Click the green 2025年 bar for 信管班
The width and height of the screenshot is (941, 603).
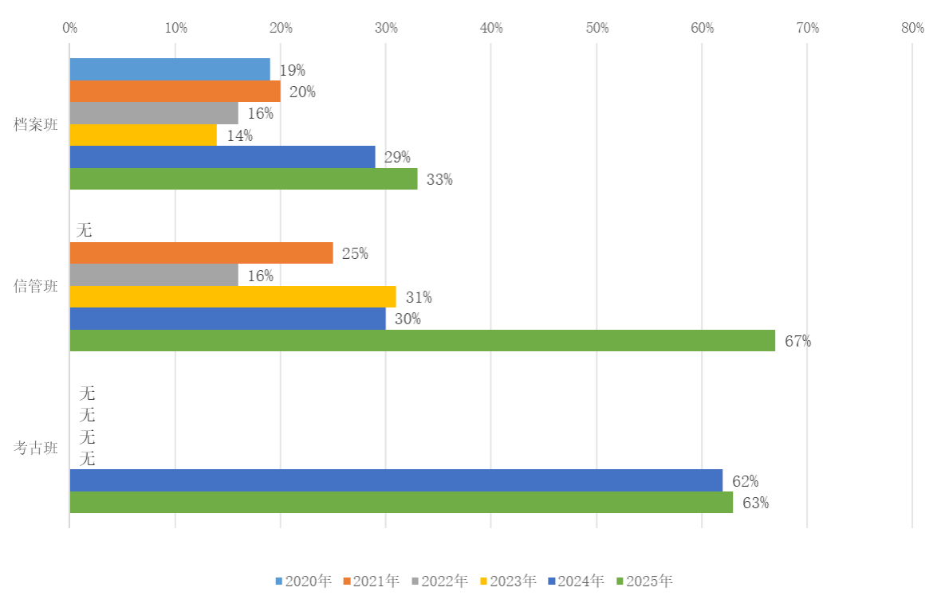coord(423,341)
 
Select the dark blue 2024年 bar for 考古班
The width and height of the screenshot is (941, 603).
coord(396,480)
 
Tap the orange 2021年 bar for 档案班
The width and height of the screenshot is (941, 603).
coord(175,92)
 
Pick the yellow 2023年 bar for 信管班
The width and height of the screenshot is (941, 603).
coord(233,297)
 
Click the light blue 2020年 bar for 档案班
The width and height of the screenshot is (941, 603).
coord(170,70)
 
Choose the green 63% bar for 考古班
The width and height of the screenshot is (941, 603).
coord(401,503)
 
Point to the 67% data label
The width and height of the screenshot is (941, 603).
coord(797,341)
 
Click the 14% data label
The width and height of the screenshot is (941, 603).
coord(239,135)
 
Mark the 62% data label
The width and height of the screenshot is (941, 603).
coord(745,481)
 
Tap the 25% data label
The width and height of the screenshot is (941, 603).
coord(355,253)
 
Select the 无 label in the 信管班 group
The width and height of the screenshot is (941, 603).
coord(84,231)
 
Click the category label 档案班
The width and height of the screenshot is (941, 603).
coord(35,124)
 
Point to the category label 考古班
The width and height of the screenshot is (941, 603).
coord(35,448)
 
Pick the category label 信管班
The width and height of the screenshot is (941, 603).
coord(35,286)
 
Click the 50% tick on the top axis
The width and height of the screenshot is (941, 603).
coord(596,28)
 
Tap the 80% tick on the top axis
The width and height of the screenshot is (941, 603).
coord(912,28)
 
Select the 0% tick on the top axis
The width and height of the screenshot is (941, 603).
coord(69,28)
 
